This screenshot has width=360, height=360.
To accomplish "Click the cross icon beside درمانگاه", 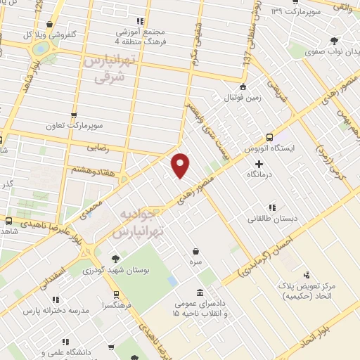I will pos(259,163).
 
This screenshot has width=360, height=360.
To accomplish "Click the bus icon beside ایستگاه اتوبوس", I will pos(270,137).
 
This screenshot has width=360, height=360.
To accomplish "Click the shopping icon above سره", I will pos(195,250).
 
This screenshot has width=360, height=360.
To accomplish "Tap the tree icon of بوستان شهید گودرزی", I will pos(115,258).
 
